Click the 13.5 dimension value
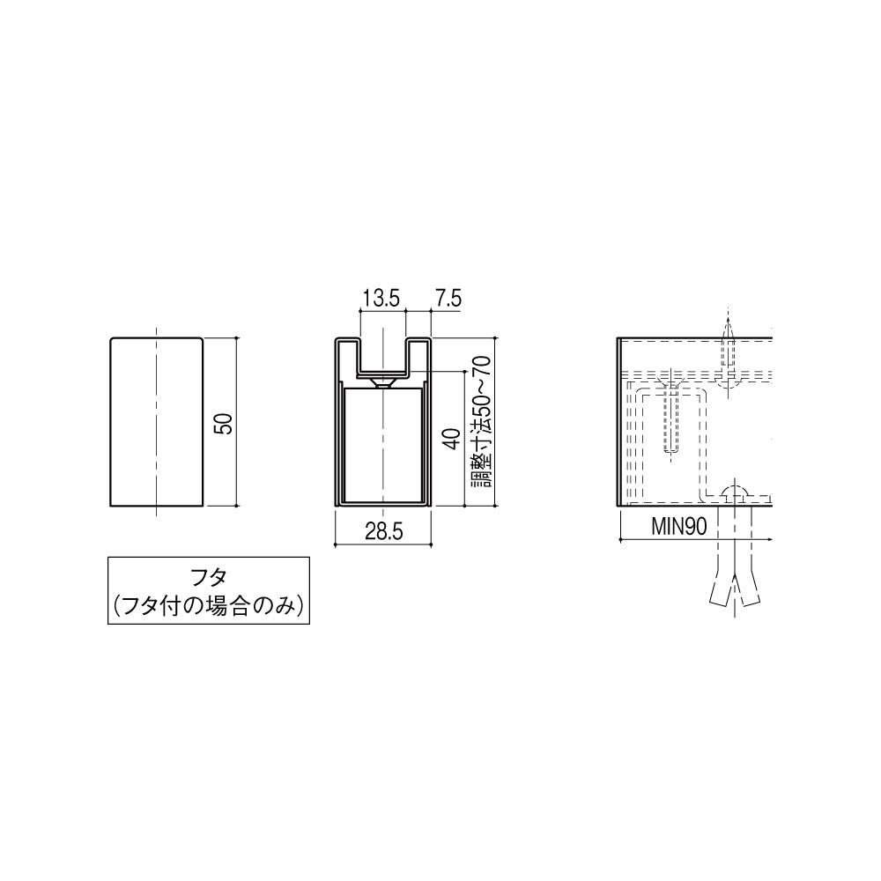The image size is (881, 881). (x=382, y=299)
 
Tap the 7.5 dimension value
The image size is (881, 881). (x=447, y=299)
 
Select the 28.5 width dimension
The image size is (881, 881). (x=384, y=531)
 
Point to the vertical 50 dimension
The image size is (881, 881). (x=224, y=423)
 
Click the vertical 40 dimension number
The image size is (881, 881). (x=452, y=439)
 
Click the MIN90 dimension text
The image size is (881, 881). (x=679, y=527)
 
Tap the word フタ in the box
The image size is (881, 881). (x=209, y=578)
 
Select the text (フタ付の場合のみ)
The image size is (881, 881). (x=209, y=606)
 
